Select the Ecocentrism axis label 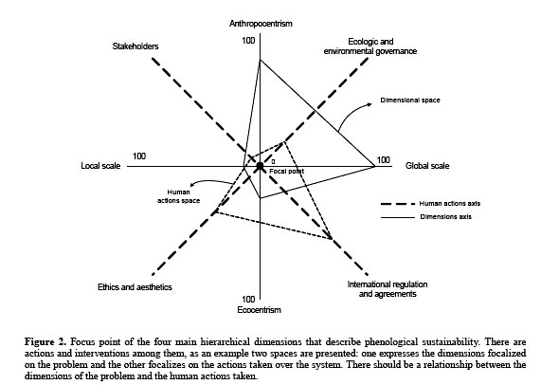tap(259, 310)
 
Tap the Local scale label tap(98, 166)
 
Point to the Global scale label tap(426, 166)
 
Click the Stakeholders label tap(133, 46)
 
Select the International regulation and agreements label tap(383, 289)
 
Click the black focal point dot tap(260, 167)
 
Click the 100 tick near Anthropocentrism tap(248, 41)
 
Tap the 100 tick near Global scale tap(384, 159)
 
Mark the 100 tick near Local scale tap(139, 156)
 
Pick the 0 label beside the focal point tap(272, 161)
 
